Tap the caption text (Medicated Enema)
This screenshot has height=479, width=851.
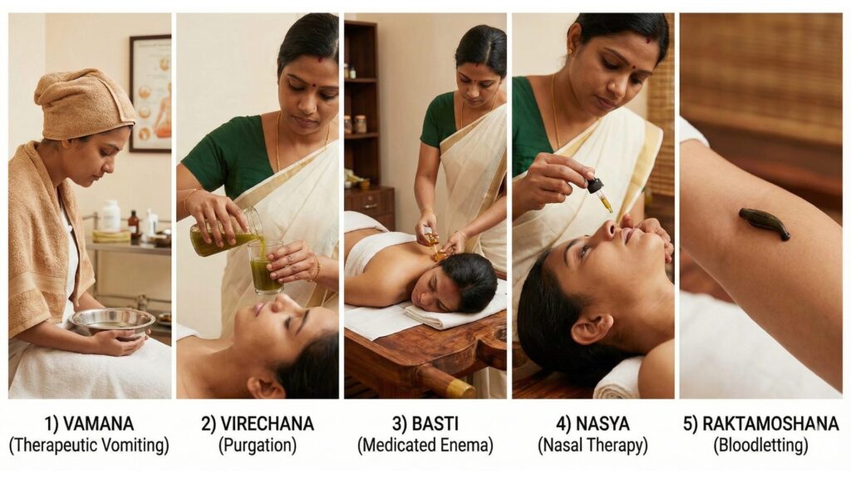click(425, 446)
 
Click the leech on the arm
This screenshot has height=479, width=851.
click(764, 223)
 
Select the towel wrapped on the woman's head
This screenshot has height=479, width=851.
click(83, 104)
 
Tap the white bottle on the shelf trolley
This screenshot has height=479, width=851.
click(110, 216)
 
